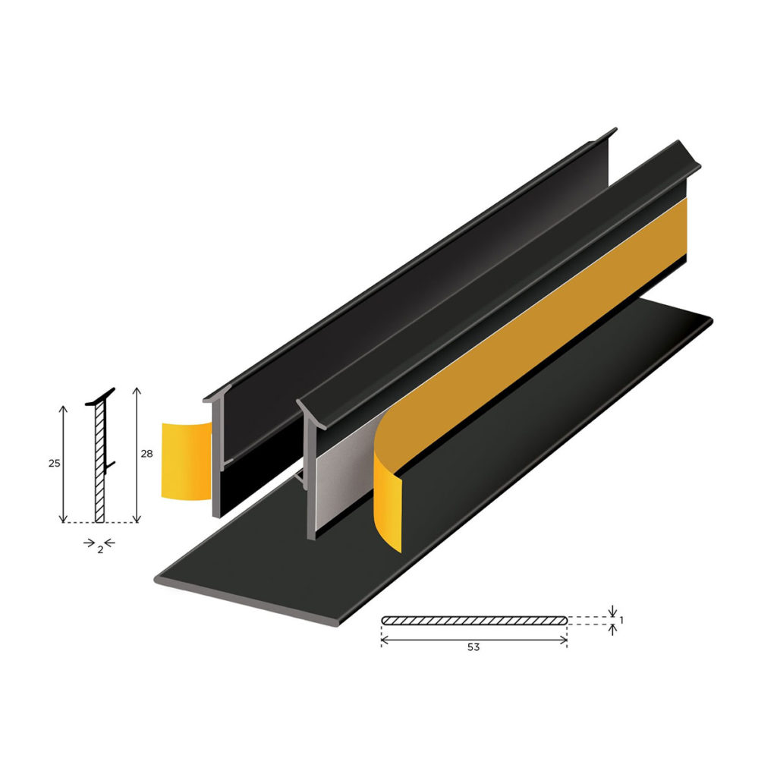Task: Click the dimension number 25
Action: [x=55, y=462]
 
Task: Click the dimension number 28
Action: [x=146, y=453]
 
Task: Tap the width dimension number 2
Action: [x=100, y=549]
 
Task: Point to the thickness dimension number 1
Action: [x=622, y=620]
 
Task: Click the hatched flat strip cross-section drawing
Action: [x=474, y=620]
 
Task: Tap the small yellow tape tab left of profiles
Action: [x=185, y=461]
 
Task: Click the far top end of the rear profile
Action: [x=612, y=134]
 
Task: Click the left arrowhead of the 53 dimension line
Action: [x=383, y=640]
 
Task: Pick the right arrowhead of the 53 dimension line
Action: [x=565, y=640]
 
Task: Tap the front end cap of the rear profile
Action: [x=216, y=455]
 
